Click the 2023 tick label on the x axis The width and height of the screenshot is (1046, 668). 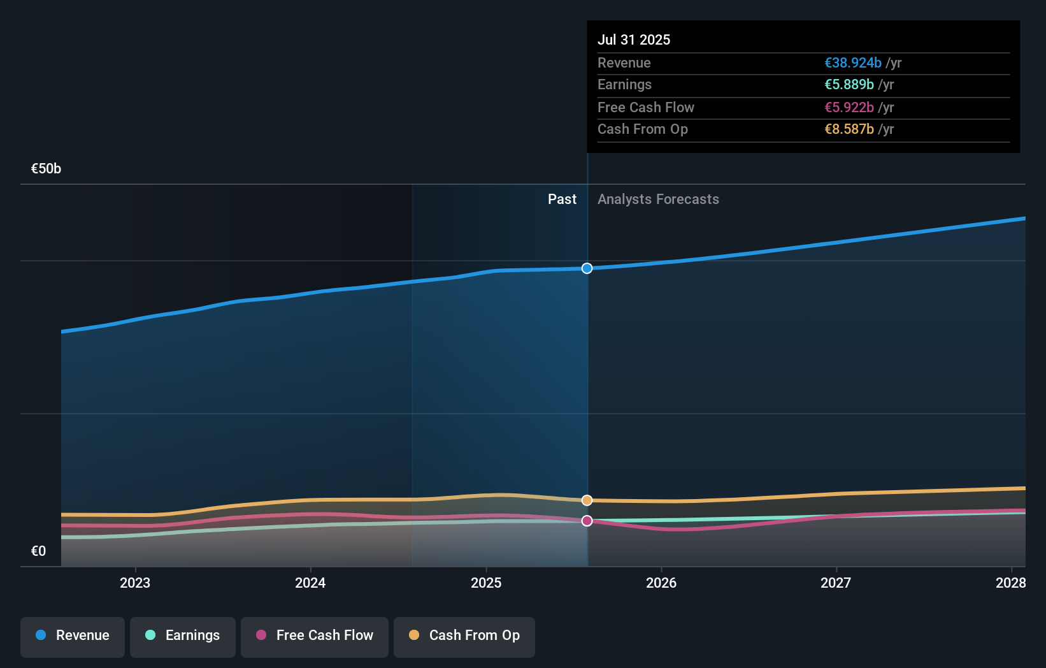tap(135, 583)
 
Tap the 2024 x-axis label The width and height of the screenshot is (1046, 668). tap(310, 583)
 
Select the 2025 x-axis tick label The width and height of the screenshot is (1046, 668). tap(486, 583)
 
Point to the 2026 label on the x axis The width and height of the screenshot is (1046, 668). tap(661, 583)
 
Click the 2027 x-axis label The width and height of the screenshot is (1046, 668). tap(836, 583)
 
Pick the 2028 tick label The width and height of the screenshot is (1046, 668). tap(1010, 583)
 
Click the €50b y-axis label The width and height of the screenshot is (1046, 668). tap(46, 169)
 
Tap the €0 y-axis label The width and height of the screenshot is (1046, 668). tap(38, 551)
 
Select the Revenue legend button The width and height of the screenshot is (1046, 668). tap(73, 635)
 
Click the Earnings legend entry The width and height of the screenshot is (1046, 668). tap(183, 635)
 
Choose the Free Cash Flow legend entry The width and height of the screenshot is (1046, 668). tap(315, 635)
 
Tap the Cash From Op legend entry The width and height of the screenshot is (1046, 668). tap(464, 635)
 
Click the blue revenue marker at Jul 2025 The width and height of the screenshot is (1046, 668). tap(587, 268)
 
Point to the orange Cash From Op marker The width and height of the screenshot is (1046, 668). tap(587, 500)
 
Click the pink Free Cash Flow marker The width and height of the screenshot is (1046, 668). tap(587, 521)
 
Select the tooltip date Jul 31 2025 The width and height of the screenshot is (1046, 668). tap(634, 40)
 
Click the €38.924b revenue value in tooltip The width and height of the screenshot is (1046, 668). tap(853, 63)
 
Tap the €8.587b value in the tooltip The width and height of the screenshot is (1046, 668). tap(849, 129)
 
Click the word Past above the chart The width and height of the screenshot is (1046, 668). tap(562, 200)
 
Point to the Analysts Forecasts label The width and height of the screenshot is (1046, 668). tap(658, 200)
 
